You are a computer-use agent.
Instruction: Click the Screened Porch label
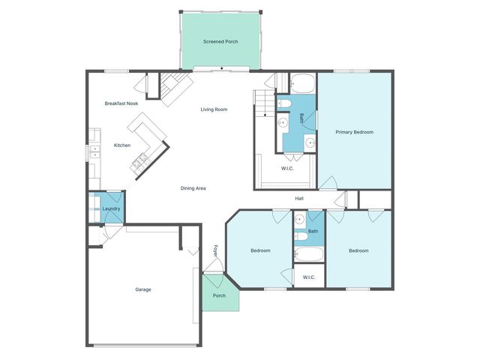(x=220, y=41)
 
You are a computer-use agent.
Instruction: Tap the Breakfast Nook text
(x=121, y=103)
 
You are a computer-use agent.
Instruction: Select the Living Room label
(x=214, y=109)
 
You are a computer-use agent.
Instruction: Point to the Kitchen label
(x=122, y=145)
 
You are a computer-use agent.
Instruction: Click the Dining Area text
(x=193, y=187)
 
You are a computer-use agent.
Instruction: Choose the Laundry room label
(x=112, y=208)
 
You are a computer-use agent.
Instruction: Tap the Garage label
(x=143, y=289)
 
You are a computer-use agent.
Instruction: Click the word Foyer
(x=215, y=250)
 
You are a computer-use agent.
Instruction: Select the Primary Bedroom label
(x=354, y=132)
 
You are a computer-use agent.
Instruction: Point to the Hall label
(x=299, y=198)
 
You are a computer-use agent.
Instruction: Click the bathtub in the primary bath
(x=302, y=82)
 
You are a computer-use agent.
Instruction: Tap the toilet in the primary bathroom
(x=284, y=103)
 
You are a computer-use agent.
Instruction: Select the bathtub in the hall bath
(x=308, y=253)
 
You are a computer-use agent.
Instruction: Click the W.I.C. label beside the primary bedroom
(x=286, y=168)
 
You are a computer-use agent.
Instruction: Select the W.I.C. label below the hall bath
(x=309, y=277)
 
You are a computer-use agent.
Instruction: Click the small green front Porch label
(x=219, y=295)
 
